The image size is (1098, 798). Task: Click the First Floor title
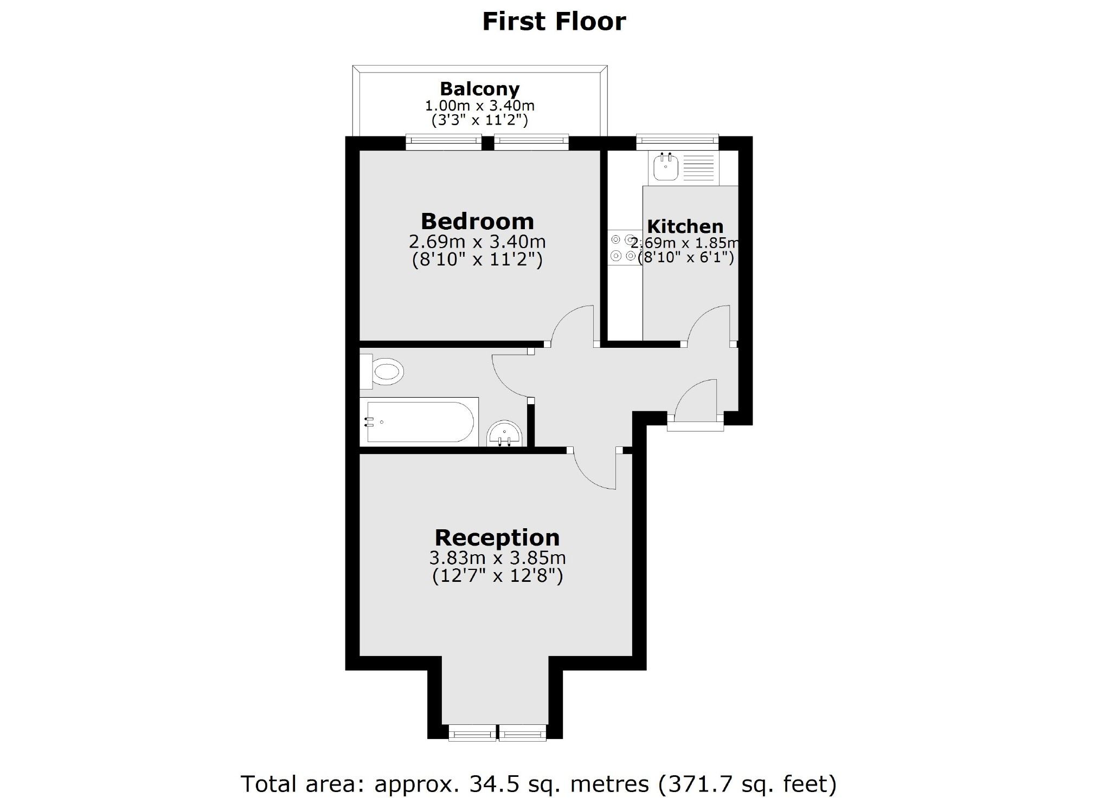(554, 22)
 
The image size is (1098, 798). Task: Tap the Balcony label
(479, 89)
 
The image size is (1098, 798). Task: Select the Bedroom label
(477, 221)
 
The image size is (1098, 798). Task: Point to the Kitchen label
(685, 226)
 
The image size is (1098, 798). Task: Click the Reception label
(497, 537)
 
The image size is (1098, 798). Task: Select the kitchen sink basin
(665, 167)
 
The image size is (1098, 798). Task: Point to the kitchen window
(677, 142)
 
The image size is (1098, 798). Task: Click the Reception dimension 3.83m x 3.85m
(497, 557)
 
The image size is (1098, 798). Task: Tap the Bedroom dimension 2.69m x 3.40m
(477, 241)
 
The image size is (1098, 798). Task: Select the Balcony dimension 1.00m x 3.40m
(479, 106)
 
